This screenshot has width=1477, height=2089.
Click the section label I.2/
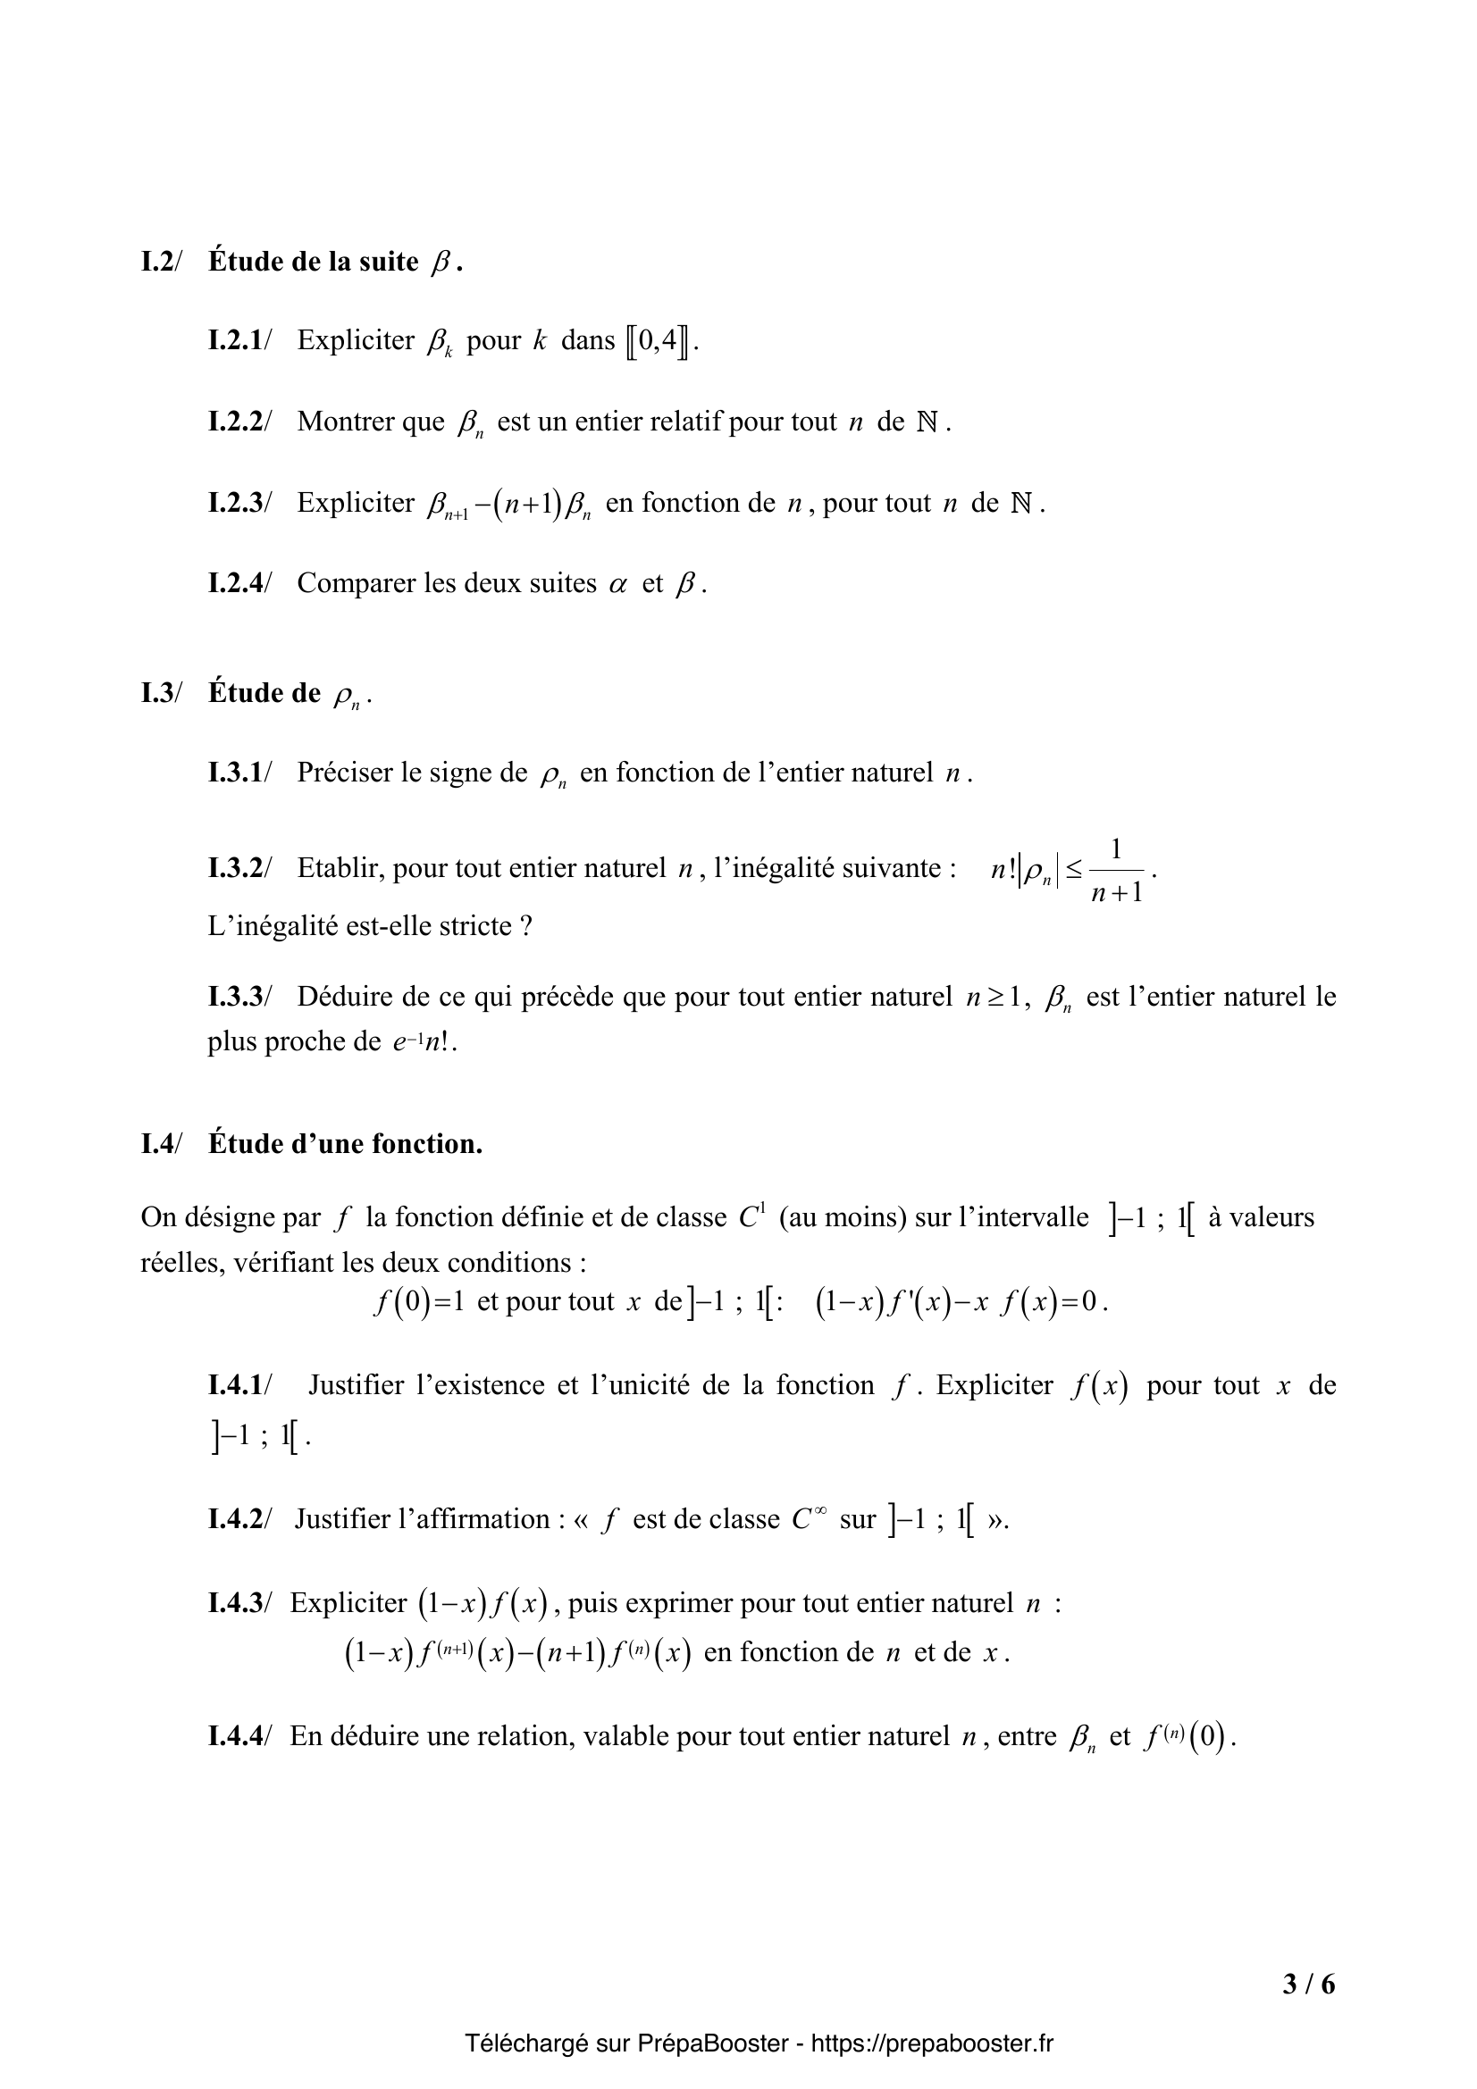[x=161, y=262]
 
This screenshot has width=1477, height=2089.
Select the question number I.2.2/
[x=239, y=422]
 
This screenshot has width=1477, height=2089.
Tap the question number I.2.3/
[x=239, y=503]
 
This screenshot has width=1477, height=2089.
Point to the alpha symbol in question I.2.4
[x=619, y=585]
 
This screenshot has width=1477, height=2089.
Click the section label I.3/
[x=161, y=693]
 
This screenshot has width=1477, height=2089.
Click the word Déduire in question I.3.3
[x=348, y=998]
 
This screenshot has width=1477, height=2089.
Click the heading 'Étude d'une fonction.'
[x=346, y=1144]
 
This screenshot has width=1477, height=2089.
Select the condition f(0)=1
[x=419, y=1302]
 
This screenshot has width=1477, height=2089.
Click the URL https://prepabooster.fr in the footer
[x=932, y=2043]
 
